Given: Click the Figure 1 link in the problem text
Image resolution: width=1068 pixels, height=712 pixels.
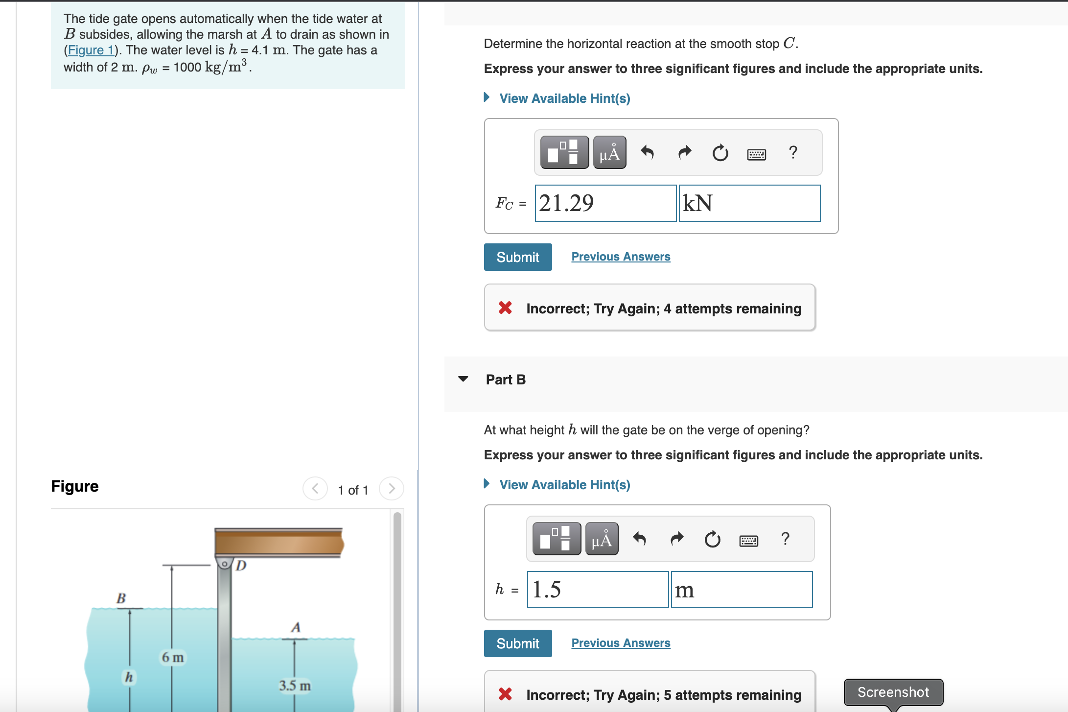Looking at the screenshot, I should click(x=91, y=50).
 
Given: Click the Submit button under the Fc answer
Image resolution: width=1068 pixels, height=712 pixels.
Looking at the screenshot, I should click(x=517, y=257).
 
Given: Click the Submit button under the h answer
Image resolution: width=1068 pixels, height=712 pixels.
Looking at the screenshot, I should click(x=517, y=643).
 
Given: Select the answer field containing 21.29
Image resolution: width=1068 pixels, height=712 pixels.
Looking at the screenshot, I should click(x=605, y=203).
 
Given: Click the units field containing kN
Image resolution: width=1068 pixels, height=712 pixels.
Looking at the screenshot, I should click(x=749, y=203).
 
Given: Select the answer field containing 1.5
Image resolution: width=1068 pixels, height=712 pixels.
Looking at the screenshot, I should click(x=598, y=590).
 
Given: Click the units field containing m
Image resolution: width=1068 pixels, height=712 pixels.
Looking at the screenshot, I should click(x=742, y=590).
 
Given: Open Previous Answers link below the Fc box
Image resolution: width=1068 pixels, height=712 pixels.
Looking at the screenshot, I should click(x=621, y=257).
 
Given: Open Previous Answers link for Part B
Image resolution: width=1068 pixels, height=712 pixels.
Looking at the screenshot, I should click(x=621, y=643).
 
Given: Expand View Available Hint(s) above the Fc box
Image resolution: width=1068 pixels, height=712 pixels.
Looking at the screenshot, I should click(x=564, y=98).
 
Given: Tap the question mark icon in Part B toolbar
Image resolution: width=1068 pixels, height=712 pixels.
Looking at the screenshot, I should click(x=785, y=539).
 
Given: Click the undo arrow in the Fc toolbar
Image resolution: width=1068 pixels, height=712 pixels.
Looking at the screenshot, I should click(x=647, y=153).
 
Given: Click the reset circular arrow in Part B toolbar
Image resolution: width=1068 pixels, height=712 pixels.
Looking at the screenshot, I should click(x=712, y=539).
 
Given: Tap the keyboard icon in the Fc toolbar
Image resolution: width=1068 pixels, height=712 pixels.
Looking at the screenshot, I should click(x=756, y=155).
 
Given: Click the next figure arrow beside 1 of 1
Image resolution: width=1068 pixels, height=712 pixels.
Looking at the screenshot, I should click(x=391, y=489).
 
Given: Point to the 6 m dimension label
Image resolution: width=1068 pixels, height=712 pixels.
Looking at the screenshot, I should click(x=173, y=657).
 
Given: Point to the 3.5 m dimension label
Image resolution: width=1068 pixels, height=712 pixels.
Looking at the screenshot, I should click(x=295, y=686).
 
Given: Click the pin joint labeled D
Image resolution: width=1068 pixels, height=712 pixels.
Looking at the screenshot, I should click(x=224, y=564).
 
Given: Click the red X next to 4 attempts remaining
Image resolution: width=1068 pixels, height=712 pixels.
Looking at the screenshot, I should click(x=505, y=308).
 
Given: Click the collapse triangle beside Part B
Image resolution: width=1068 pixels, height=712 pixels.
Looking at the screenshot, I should click(x=463, y=379).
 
